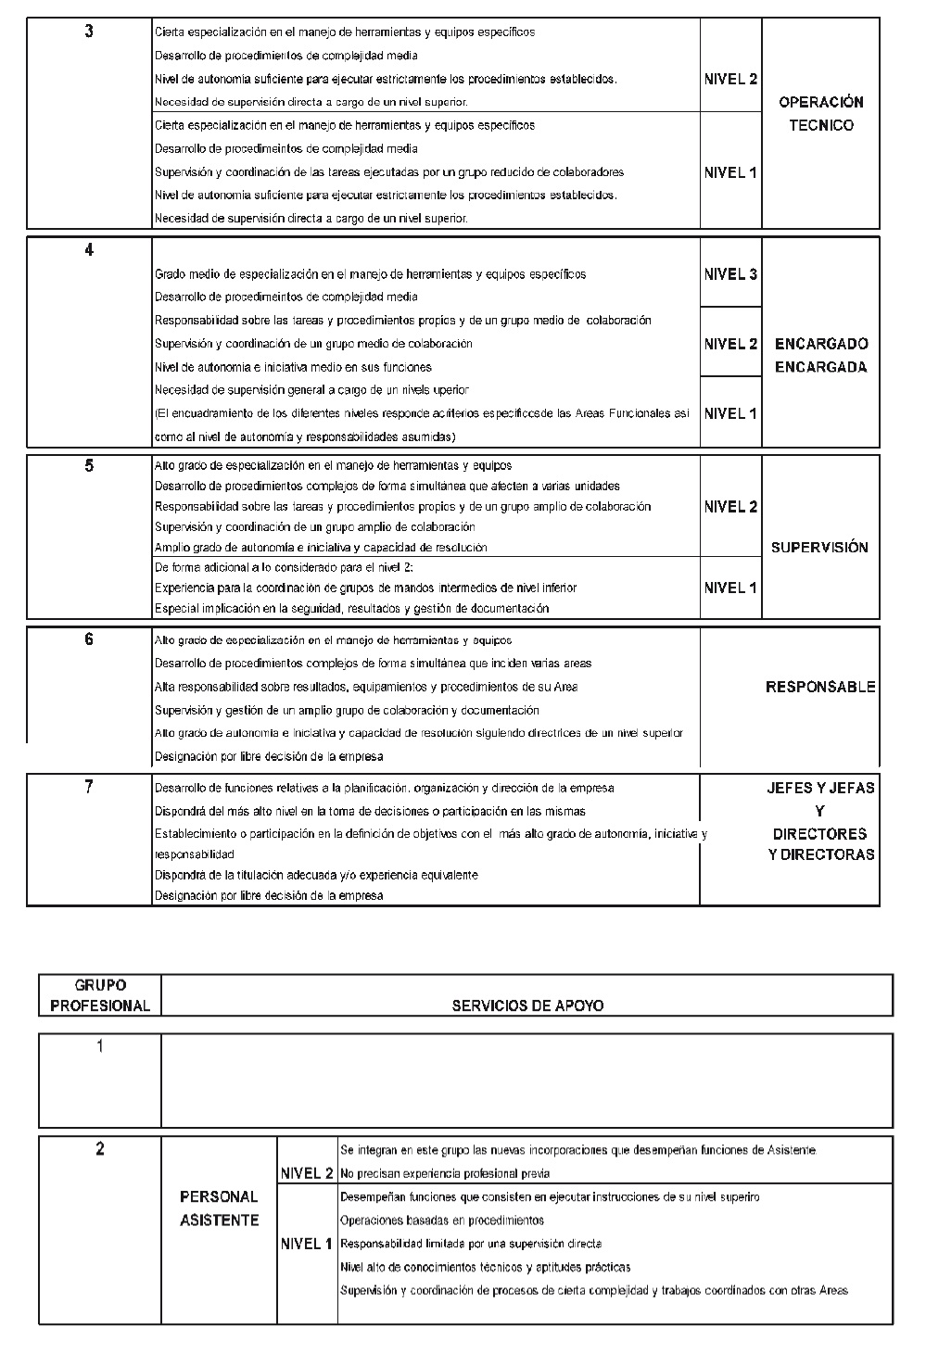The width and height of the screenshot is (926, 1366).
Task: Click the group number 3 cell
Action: click(x=89, y=32)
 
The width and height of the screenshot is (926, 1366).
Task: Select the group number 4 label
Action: click(x=89, y=250)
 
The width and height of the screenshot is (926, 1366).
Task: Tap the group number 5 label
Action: click(x=89, y=466)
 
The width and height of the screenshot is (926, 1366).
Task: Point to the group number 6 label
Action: click(x=89, y=639)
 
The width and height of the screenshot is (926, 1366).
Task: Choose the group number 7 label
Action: click(x=89, y=787)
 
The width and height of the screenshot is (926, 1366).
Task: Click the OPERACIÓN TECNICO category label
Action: click(x=821, y=114)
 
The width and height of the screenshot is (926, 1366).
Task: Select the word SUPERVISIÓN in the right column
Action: click(x=819, y=548)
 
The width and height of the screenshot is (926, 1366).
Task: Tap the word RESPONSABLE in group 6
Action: click(x=820, y=688)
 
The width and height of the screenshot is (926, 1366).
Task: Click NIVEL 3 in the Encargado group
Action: click(x=730, y=274)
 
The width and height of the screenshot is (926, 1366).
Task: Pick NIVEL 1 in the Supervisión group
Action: click(x=730, y=588)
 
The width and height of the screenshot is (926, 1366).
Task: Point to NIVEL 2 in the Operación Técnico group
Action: click(x=730, y=80)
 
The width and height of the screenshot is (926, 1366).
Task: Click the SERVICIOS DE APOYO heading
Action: click(x=527, y=1006)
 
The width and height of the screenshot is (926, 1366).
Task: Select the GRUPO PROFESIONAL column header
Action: click(x=100, y=996)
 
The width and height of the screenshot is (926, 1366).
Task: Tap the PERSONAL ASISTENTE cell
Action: click(x=219, y=1209)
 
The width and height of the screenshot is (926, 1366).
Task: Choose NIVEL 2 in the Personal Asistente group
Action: click(x=307, y=1174)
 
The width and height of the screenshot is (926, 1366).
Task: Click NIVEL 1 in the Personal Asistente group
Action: click(x=307, y=1244)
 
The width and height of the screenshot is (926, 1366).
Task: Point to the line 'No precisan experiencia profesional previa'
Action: click(x=445, y=1174)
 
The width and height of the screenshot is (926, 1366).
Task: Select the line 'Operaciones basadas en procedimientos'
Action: click(x=442, y=1221)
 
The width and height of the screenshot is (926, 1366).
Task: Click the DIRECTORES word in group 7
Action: click(x=819, y=833)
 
